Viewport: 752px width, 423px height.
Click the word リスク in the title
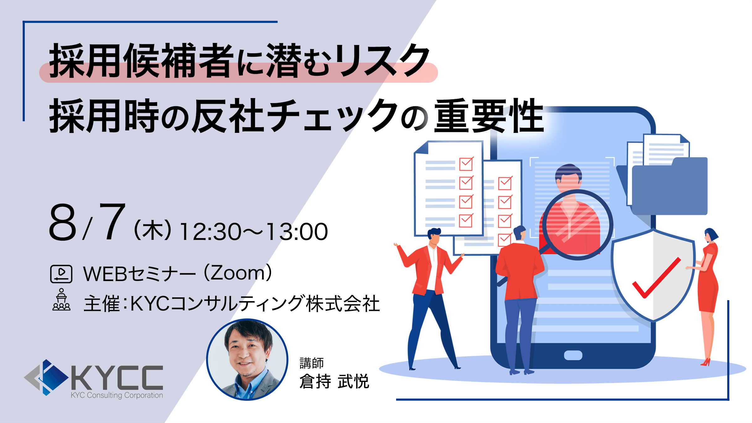[383, 60]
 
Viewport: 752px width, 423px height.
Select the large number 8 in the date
[62, 222]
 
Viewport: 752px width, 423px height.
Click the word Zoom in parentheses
[238, 273]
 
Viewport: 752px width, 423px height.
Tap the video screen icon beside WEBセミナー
[61, 274]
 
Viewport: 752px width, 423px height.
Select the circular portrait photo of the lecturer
[247, 359]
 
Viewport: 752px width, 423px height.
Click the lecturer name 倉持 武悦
[334, 381]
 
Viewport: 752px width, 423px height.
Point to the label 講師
[311, 363]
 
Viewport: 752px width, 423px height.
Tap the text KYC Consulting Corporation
[117, 395]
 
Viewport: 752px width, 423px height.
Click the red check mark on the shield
[657, 278]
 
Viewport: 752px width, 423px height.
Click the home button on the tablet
[573, 355]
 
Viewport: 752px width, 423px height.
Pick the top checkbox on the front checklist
[466, 164]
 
